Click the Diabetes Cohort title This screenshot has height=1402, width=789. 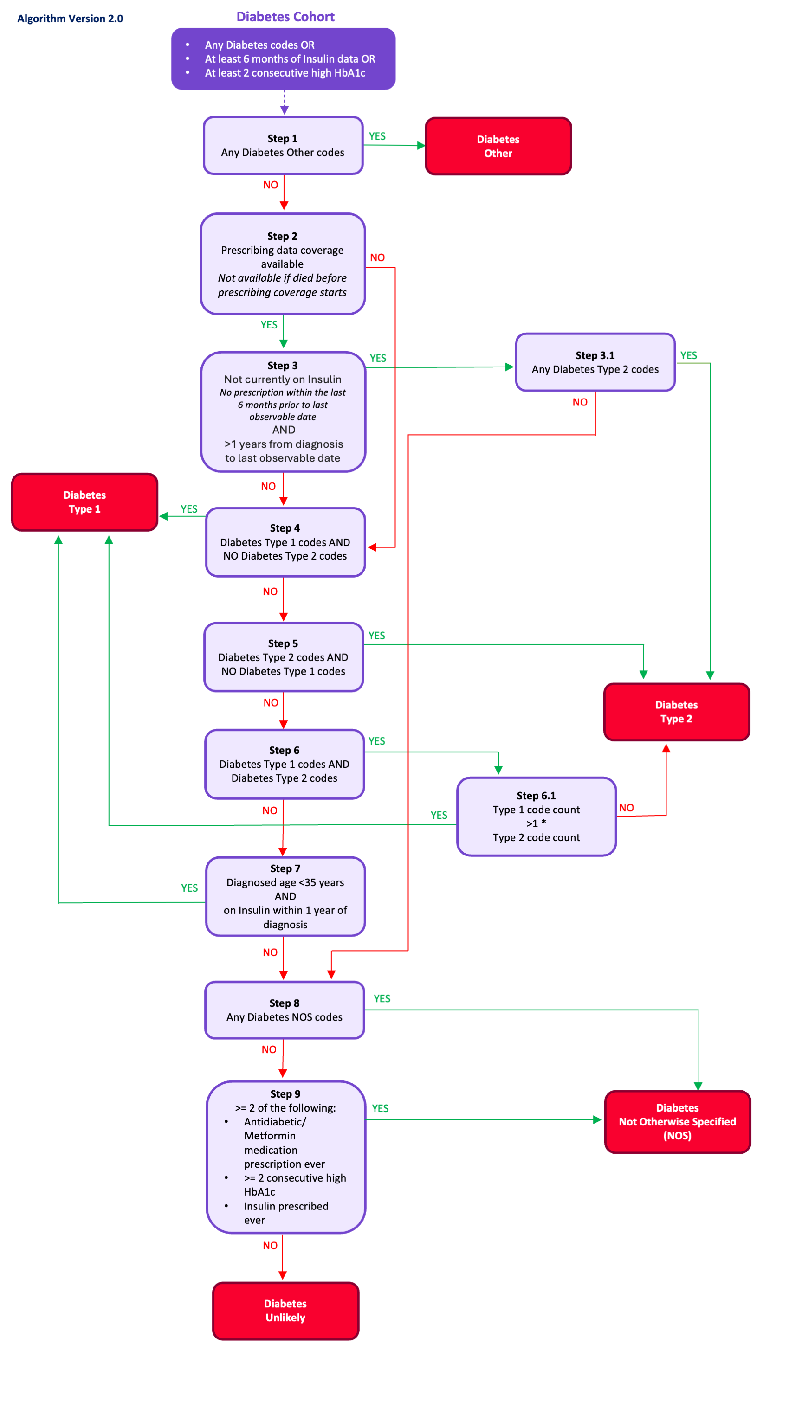[285, 16]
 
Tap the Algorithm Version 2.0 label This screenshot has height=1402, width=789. [70, 19]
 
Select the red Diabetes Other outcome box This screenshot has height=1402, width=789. [498, 146]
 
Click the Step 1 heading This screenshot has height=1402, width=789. [282, 138]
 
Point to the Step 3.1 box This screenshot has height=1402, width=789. [595, 362]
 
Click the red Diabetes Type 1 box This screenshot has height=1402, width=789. [84, 502]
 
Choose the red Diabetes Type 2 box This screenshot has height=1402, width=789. [676, 711]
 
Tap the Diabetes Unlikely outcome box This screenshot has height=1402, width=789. [285, 1310]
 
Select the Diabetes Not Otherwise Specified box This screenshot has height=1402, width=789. [677, 1121]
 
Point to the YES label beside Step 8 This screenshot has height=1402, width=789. [382, 998]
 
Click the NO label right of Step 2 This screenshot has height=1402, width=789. [377, 257]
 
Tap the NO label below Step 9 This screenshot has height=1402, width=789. [270, 1245]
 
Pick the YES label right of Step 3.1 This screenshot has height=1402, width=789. [688, 355]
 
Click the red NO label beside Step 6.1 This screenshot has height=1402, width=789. [626, 808]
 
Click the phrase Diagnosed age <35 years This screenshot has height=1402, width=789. [285, 882]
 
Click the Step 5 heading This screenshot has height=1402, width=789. [283, 643]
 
